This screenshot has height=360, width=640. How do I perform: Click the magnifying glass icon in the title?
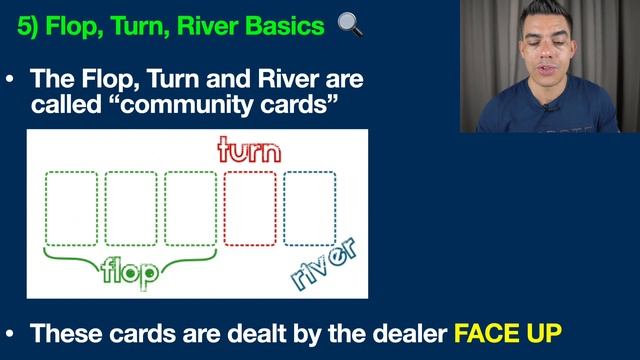[350, 24]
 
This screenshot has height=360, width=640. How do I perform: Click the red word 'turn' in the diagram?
[250, 151]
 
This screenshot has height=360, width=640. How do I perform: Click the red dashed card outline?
[250, 208]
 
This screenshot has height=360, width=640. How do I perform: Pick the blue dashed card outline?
[309, 208]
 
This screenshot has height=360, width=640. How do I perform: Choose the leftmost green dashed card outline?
[71, 208]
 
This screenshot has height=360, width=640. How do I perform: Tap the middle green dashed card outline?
[131, 208]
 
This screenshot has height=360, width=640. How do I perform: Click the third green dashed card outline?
[190, 208]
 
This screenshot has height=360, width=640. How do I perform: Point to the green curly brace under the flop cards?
[130, 256]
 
